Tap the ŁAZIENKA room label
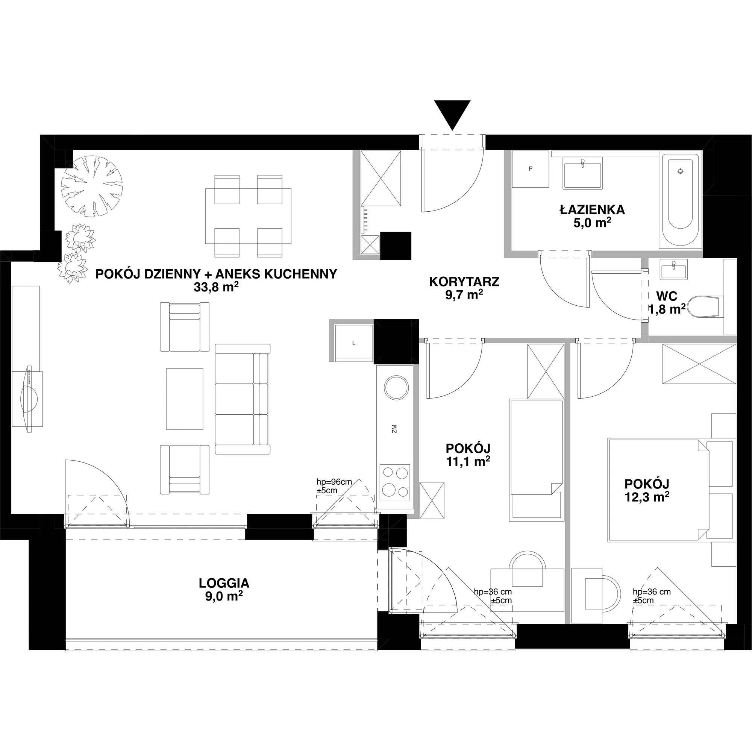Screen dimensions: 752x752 click(x=592, y=210)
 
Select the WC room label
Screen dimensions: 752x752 click(x=666, y=296)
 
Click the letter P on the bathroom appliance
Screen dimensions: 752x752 click(x=530, y=168)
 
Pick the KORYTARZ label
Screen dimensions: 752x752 click(x=464, y=282)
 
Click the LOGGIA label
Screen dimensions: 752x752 click(x=224, y=583)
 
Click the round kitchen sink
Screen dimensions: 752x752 click(x=396, y=387)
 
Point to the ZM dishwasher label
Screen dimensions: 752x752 click(x=394, y=430)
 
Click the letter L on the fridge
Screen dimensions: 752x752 click(x=353, y=343)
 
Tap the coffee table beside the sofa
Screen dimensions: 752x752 click(x=185, y=399)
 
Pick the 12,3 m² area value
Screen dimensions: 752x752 click(x=646, y=497)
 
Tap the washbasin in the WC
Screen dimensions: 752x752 click(x=673, y=269)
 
